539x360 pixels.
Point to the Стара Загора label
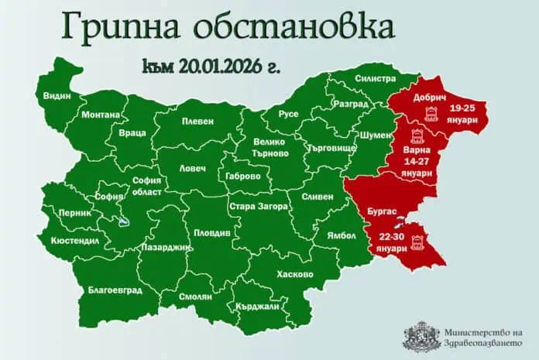[258, 207]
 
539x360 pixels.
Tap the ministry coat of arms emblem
[416, 334]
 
